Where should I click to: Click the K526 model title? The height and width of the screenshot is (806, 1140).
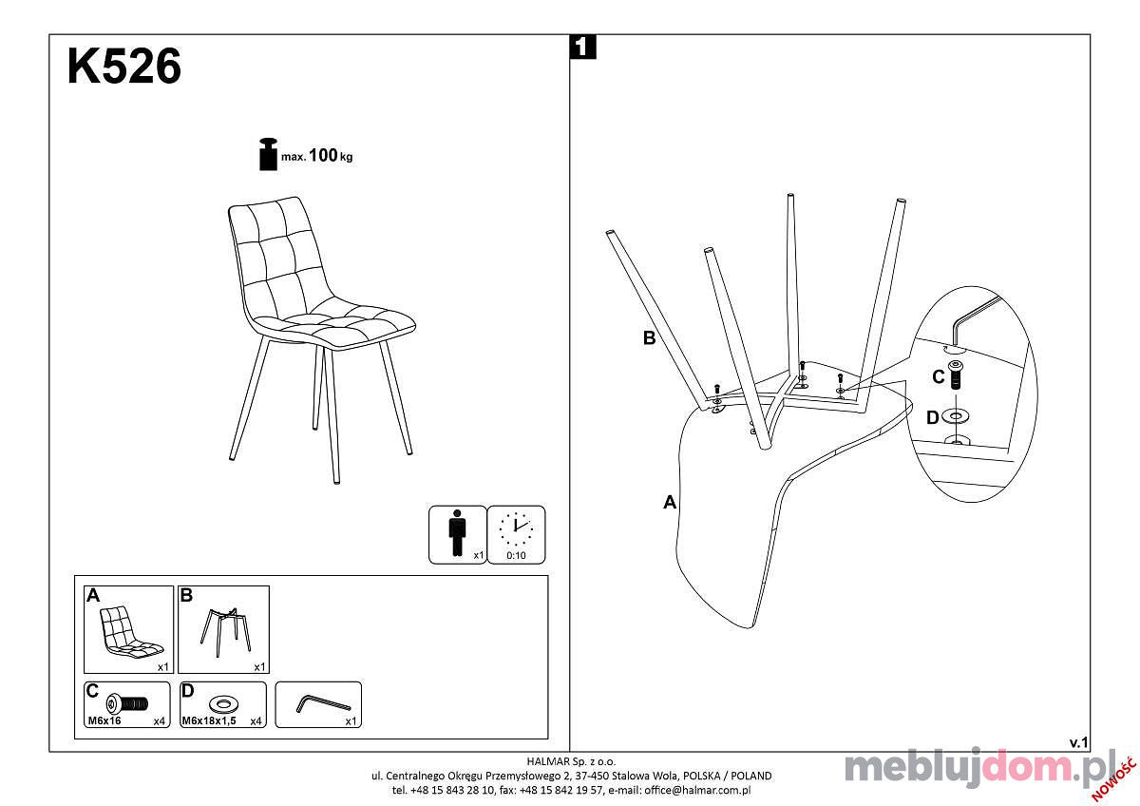click(124, 67)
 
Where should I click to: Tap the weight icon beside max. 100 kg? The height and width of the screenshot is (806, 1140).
click(268, 154)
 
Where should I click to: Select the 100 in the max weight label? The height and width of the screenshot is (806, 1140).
click(323, 155)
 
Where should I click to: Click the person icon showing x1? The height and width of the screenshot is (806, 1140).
click(457, 533)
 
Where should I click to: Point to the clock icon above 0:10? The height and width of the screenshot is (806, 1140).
click(516, 529)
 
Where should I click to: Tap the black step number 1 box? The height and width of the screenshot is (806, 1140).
click(582, 47)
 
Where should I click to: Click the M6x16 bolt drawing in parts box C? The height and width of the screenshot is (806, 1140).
click(126, 704)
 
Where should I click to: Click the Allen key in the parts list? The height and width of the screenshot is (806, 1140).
click(323, 703)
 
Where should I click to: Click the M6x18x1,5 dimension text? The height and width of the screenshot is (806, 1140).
click(209, 721)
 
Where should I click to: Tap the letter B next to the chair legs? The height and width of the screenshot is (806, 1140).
click(650, 337)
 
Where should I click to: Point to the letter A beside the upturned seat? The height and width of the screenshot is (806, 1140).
click(670, 502)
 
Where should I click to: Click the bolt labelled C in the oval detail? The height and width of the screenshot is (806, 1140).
click(956, 374)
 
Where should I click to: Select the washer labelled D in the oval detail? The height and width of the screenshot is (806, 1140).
click(956, 417)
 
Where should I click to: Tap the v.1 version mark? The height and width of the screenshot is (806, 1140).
click(1078, 743)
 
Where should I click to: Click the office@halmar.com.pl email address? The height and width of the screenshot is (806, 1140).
click(697, 790)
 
